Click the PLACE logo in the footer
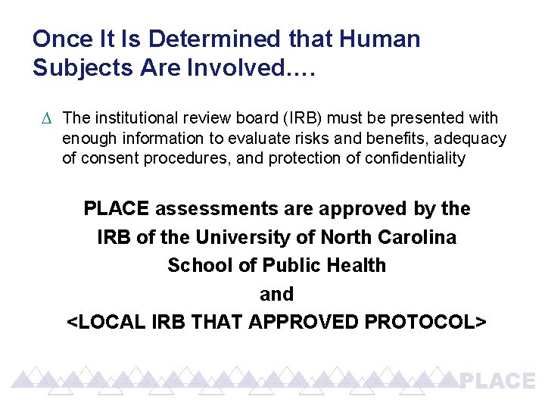pos(498,381)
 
